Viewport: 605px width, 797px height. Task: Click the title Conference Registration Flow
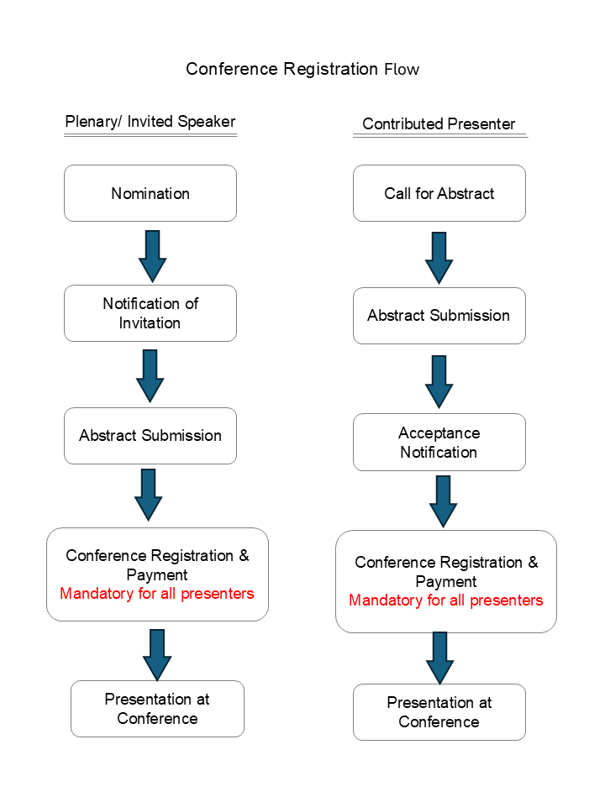click(x=302, y=69)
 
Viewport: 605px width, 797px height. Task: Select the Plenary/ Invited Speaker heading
click(x=150, y=122)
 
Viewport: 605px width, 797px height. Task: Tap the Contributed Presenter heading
click(x=439, y=124)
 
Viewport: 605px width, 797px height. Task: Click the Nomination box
click(x=150, y=193)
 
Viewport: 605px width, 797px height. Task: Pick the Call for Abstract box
click(x=439, y=193)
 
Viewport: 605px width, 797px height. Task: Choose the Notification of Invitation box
click(x=150, y=313)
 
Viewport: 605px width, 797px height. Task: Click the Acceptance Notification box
click(x=439, y=443)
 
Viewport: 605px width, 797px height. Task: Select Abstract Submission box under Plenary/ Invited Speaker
click(x=150, y=436)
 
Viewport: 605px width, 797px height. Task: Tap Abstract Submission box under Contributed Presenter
click(x=439, y=316)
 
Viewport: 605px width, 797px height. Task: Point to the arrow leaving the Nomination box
click(x=152, y=255)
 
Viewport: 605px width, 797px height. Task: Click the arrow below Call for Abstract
click(x=439, y=258)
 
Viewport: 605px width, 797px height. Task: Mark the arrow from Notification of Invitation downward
click(x=150, y=375)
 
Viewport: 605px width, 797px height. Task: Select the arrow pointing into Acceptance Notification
click(x=439, y=381)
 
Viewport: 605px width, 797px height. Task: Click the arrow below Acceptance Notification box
click(x=443, y=501)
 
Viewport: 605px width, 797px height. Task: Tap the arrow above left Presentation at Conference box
click(x=157, y=653)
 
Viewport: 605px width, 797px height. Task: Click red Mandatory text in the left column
click(x=157, y=594)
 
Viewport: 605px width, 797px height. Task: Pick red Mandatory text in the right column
click(x=445, y=600)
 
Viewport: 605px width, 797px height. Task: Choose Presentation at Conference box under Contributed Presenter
click(x=439, y=712)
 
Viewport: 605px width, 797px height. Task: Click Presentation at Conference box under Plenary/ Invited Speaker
click(x=157, y=709)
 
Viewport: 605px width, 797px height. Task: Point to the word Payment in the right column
click(x=445, y=581)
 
